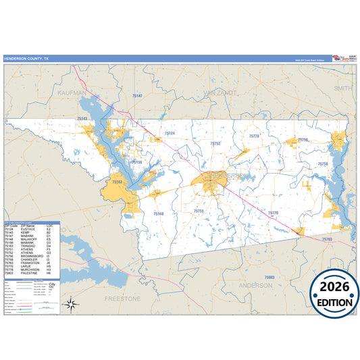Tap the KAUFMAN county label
(73, 92)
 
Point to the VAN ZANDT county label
(216, 91)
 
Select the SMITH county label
(342, 88)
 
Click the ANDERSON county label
(257, 285)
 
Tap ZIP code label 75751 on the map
(199, 211)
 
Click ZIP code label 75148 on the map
(159, 213)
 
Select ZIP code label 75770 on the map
(273, 213)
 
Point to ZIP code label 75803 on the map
(269, 278)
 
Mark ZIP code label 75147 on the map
(137, 96)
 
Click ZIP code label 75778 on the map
(254, 136)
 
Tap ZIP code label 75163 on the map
(117, 182)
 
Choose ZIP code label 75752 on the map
(215, 143)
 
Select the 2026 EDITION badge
(334, 293)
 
